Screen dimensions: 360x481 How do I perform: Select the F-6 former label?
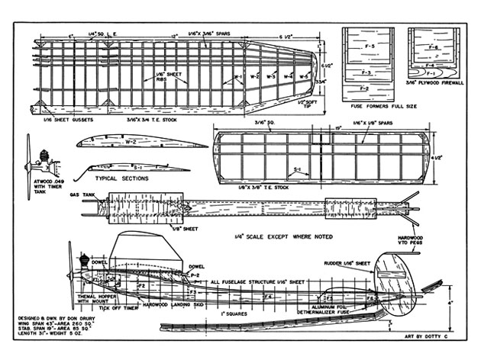point(432,47)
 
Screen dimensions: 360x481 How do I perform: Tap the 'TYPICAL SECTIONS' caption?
point(121,178)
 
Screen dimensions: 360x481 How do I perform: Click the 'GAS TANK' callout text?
point(80,194)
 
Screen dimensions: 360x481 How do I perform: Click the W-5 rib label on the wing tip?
point(304,76)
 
